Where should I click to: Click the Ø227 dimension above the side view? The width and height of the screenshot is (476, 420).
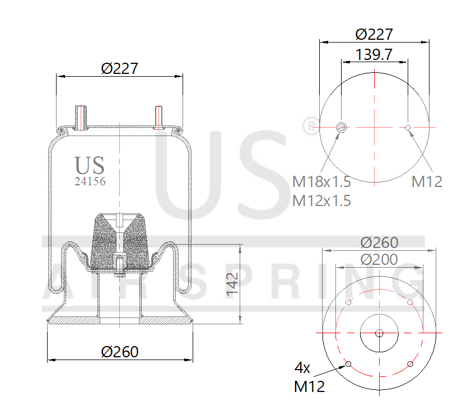[119, 68]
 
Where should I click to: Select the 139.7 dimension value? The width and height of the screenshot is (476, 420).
[374, 54]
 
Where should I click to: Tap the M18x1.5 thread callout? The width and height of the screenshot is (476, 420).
[321, 181]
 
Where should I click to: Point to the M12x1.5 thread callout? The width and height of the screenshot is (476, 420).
[321, 200]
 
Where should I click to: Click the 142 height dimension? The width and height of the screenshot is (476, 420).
[233, 284]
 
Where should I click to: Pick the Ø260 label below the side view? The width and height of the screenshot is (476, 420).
[119, 352]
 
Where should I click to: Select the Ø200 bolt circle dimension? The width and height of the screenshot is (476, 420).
[379, 259]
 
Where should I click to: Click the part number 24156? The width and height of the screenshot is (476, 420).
[90, 181]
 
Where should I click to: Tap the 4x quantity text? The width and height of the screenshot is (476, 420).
[302, 368]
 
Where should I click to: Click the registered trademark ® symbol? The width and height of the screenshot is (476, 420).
[309, 126]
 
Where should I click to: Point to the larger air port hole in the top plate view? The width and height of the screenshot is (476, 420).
[340, 128]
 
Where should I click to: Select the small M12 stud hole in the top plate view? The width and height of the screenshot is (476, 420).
[408, 128]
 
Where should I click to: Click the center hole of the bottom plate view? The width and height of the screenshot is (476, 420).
[379, 333]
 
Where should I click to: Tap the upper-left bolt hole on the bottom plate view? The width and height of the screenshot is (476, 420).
[348, 303]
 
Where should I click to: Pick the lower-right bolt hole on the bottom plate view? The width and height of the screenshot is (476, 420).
[410, 364]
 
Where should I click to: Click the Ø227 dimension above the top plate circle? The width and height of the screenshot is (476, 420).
[374, 34]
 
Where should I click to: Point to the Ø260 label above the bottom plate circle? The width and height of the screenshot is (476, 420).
[379, 242]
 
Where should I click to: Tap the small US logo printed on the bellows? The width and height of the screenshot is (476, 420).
[90, 165]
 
